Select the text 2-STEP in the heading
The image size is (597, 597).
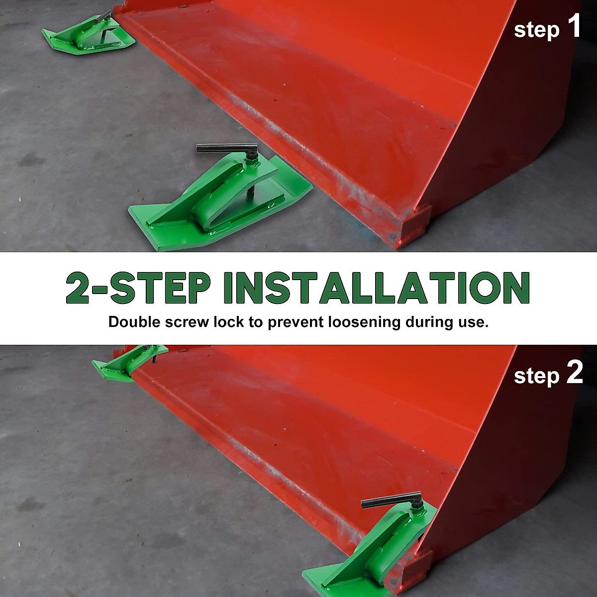138,288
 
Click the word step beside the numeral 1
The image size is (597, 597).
536,30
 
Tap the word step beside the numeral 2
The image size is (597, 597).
536,376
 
